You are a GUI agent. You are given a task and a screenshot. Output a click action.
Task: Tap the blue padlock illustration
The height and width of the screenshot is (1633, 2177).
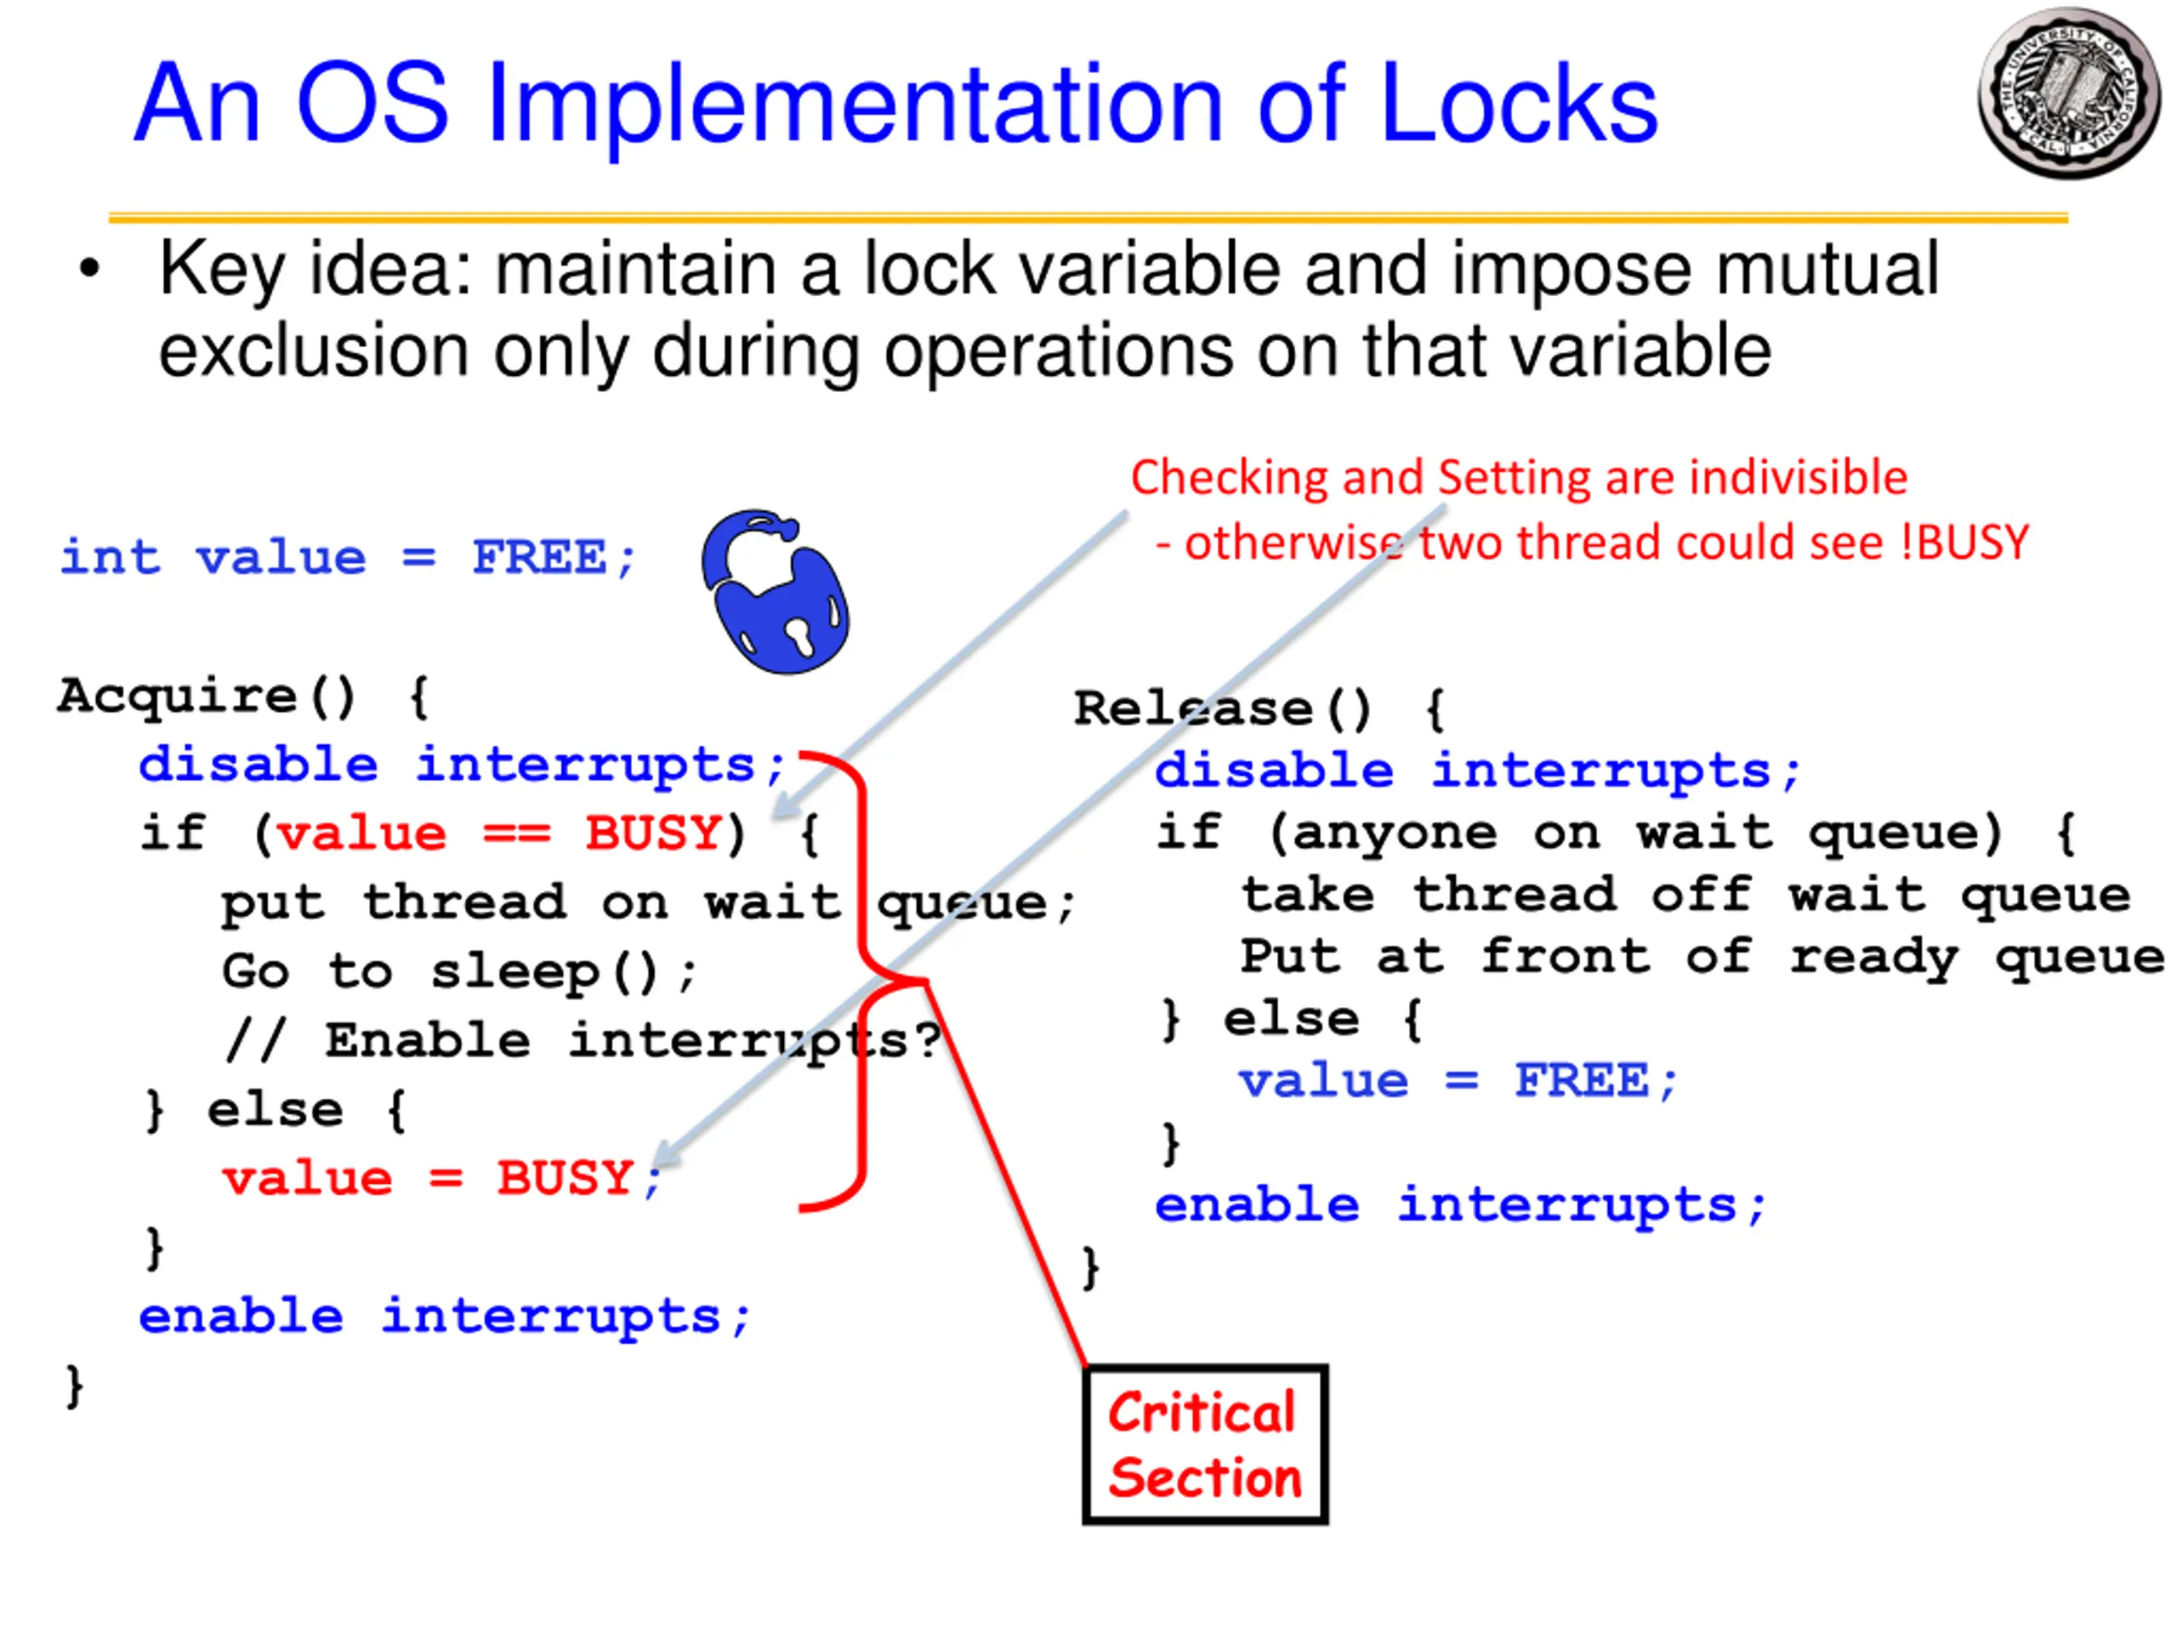tap(776, 593)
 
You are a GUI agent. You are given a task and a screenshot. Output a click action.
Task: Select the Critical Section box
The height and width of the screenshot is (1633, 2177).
tap(1205, 1444)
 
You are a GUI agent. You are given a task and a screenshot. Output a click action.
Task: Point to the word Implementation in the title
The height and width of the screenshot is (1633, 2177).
tap(855, 106)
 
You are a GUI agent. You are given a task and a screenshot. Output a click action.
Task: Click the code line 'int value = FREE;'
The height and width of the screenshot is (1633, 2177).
tap(348, 558)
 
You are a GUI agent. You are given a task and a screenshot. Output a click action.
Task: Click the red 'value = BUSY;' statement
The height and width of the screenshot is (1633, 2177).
tap(441, 1178)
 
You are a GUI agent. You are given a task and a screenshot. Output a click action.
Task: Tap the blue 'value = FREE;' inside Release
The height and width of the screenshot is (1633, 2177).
tap(1458, 1081)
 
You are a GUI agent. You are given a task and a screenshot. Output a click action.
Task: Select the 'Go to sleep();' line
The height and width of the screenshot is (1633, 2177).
tap(458, 971)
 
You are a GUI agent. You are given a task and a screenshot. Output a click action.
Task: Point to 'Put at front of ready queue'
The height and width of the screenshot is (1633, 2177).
tap(1701, 957)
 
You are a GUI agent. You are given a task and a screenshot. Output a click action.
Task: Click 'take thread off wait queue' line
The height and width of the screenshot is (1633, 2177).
tap(1685, 895)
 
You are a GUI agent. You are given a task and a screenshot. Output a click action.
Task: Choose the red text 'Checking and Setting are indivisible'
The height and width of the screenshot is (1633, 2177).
tap(1519, 477)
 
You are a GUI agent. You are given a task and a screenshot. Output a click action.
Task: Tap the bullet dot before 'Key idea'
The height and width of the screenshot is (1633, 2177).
tap(89, 269)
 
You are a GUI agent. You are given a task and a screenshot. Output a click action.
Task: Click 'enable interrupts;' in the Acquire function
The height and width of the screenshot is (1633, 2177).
tap(445, 1316)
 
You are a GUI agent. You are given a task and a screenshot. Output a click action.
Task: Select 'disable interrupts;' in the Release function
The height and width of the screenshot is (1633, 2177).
tap(1477, 770)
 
